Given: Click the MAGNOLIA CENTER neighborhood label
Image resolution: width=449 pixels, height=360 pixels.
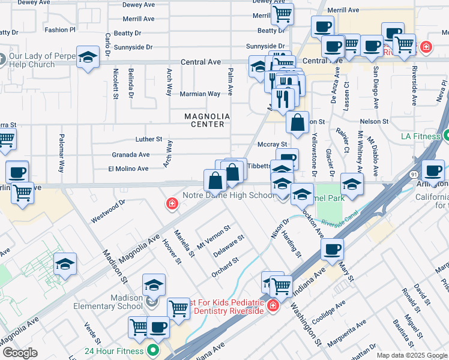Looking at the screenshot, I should [x=204, y=120].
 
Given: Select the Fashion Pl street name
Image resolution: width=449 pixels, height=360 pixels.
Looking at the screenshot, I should [x=60, y=29].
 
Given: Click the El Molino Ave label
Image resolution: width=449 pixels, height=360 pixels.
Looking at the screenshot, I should [x=128, y=169].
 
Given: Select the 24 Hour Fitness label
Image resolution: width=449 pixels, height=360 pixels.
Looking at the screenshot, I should [x=114, y=351].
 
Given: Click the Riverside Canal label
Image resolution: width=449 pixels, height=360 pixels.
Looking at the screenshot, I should [x=339, y=223].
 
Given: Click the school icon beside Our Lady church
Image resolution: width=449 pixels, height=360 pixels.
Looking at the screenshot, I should [x=88, y=58].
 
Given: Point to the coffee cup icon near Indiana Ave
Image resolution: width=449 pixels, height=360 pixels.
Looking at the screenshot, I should [x=331, y=248].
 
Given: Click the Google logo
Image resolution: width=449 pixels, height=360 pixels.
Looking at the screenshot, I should [x=20, y=353].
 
